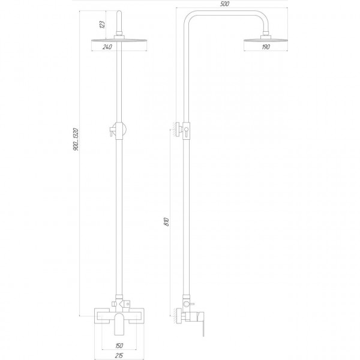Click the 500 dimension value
[224, 4]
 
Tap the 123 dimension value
[103, 25]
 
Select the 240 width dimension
[107, 47]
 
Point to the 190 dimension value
[266, 47]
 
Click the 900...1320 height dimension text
[76, 139]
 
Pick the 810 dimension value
[166, 222]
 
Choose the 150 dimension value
[119, 345]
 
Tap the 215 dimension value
[119, 356]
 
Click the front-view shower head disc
[119, 41]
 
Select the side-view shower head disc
[266, 41]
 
